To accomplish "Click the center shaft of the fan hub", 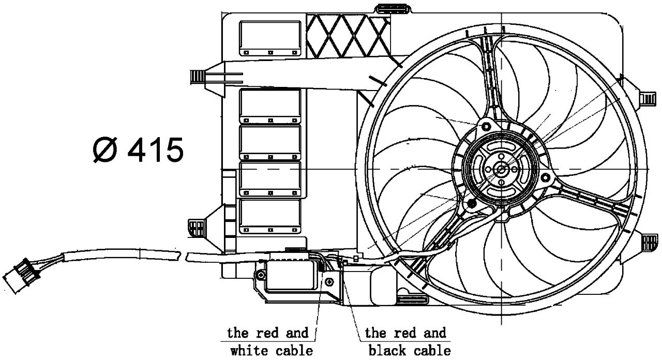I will click(501, 169).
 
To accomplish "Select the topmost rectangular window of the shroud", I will click(270, 38).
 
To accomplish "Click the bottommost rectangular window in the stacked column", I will click(270, 215).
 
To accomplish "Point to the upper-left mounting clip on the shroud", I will click(199, 76).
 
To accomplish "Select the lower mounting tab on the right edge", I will click(649, 242).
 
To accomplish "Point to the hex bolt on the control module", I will click(330, 281).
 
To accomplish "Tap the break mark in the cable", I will click(184, 256).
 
